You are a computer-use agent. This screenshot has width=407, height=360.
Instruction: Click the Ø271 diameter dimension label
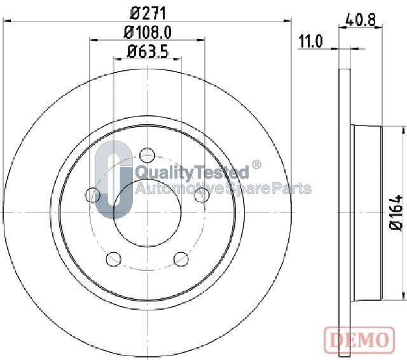click(x=148, y=13)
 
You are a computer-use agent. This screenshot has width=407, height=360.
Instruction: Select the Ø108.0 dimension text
click(x=148, y=32)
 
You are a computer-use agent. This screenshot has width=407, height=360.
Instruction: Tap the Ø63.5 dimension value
click(x=148, y=51)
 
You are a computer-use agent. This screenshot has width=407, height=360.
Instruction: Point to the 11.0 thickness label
click(x=310, y=42)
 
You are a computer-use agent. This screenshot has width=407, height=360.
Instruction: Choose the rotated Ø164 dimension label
click(x=396, y=212)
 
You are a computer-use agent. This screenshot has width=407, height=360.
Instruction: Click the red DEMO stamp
click(x=359, y=338)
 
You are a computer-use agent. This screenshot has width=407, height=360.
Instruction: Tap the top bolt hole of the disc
click(x=147, y=155)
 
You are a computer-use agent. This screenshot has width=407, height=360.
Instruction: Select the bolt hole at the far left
click(x=93, y=195)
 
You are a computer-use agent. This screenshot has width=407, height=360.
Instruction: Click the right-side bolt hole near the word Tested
click(x=202, y=195)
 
